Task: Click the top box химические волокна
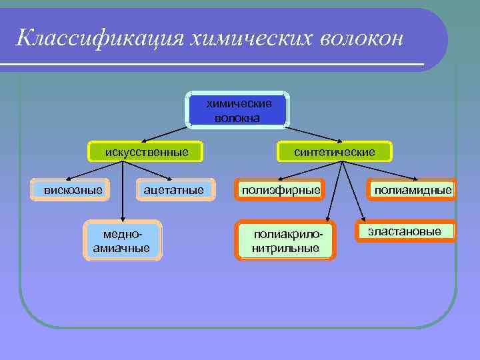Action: click(x=239, y=110)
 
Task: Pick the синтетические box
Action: click(x=335, y=153)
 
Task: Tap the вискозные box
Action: click(x=73, y=190)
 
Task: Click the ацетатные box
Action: click(x=173, y=190)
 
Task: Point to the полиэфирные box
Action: click(x=281, y=190)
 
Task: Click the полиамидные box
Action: click(x=412, y=190)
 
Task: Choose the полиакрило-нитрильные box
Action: click(x=286, y=241)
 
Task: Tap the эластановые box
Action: click(x=410, y=231)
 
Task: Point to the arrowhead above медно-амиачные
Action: click(x=123, y=218)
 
